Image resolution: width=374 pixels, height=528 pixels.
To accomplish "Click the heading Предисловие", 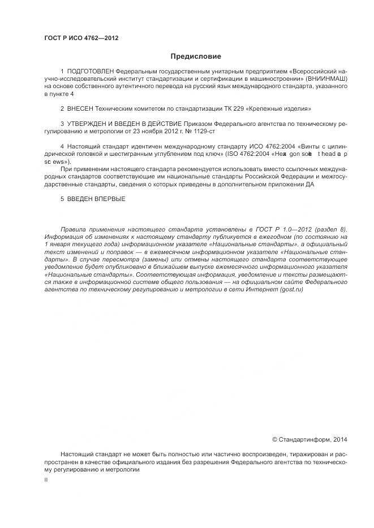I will point(196,56).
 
